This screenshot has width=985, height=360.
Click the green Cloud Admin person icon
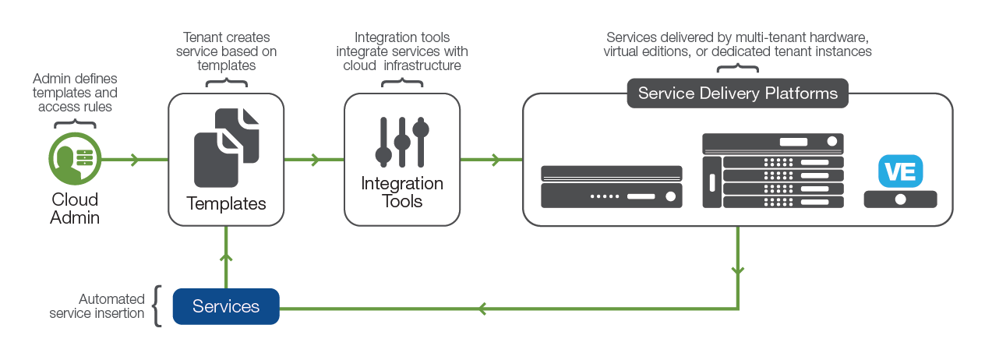click(x=75, y=159)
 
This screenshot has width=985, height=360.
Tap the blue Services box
click(x=226, y=306)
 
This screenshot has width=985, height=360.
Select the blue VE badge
click(x=901, y=171)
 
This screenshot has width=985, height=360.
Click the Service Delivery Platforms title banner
click(x=737, y=94)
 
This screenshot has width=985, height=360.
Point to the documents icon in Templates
click(x=227, y=148)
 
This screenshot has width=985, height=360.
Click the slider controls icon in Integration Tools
click(x=402, y=142)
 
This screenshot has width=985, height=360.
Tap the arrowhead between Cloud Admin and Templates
click(x=135, y=159)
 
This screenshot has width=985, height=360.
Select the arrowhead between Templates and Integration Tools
click(x=315, y=159)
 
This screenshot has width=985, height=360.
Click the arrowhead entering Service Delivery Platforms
click(x=496, y=159)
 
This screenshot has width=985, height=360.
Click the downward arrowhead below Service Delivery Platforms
click(x=738, y=270)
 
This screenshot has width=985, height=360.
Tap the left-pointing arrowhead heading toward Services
click(x=482, y=309)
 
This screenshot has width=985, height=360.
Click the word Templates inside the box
click(x=226, y=203)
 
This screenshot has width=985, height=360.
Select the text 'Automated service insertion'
click(x=97, y=306)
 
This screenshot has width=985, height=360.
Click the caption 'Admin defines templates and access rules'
click(x=75, y=92)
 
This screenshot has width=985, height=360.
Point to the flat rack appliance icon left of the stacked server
click(x=612, y=186)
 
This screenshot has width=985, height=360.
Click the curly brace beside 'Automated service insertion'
click(x=157, y=306)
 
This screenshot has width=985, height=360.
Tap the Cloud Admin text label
click(x=75, y=208)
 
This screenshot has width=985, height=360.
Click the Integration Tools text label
click(x=402, y=192)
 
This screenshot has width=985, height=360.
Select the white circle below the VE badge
click(x=901, y=199)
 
